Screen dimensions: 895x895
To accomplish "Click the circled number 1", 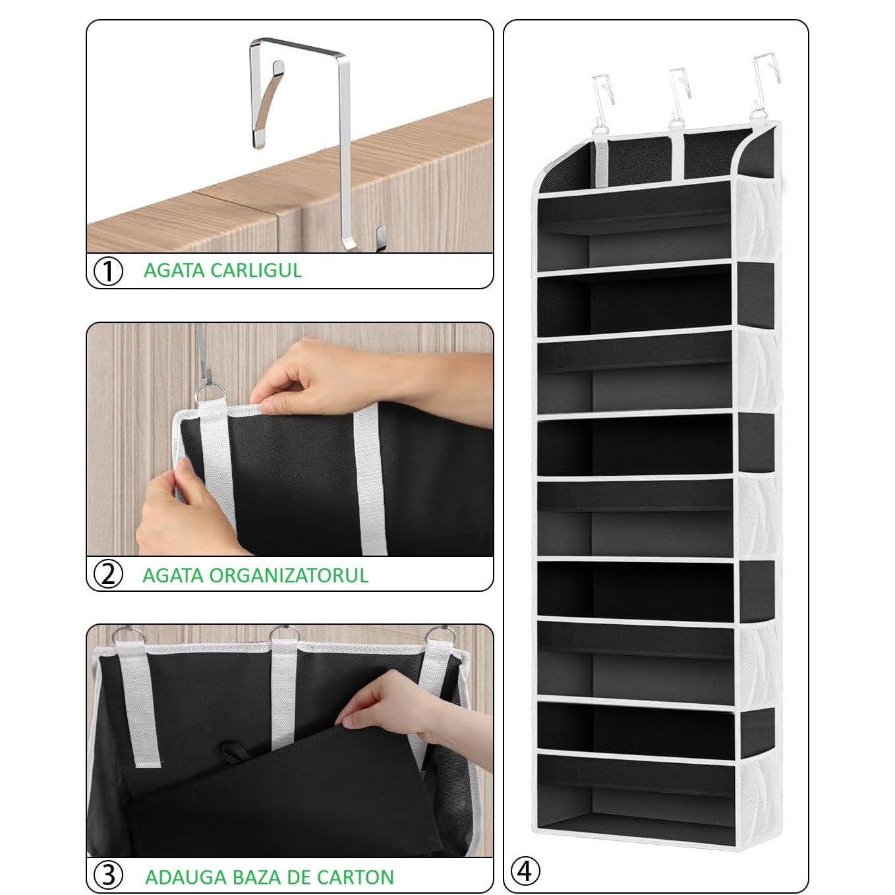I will [109, 271].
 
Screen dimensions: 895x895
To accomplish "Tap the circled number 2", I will [109, 574].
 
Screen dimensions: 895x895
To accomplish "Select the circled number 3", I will [109, 875].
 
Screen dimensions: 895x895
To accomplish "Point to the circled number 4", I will [525, 871].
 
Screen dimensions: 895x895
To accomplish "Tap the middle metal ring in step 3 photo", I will [284, 635].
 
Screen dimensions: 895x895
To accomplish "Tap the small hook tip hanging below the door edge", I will [378, 236].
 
